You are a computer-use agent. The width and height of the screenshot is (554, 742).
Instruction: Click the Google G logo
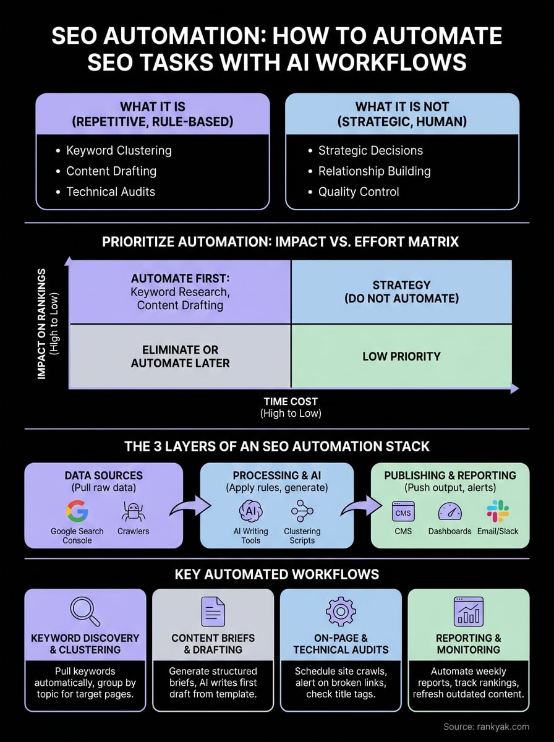click(77, 511)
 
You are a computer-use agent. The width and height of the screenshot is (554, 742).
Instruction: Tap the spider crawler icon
click(134, 511)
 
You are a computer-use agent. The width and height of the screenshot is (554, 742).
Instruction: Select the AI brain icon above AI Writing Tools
click(250, 511)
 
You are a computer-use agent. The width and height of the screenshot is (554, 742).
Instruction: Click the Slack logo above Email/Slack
click(497, 511)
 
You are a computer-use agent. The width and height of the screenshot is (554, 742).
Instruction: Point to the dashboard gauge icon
click(450, 511)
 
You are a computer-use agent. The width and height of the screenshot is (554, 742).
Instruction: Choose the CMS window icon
click(403, 511)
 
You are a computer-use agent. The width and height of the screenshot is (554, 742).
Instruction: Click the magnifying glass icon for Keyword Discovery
click(85, 610)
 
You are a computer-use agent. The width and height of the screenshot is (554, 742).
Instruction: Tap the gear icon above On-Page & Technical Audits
click(341, 611)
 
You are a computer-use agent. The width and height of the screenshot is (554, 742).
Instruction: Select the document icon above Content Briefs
click(213, 611)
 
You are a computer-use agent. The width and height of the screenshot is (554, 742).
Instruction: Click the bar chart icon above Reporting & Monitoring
click(469, 611)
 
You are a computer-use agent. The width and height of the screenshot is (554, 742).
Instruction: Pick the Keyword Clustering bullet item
click(119, 150)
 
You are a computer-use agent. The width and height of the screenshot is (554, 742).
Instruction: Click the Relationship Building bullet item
click(374, 171)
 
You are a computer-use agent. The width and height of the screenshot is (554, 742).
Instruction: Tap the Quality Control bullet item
click(359, 192)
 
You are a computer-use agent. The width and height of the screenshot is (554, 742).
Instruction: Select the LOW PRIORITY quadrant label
click(401, 356)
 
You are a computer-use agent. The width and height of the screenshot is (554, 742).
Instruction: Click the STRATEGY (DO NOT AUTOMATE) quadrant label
click(401, 292)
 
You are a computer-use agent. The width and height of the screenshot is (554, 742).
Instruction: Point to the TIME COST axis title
click(291, 401)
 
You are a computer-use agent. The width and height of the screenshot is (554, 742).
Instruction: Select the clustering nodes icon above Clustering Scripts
click(302, 511)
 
